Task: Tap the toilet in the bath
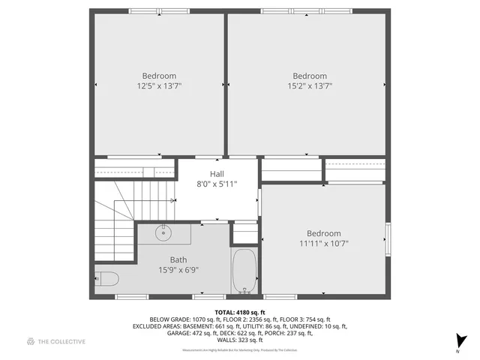[106, 280]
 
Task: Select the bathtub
[244, 271]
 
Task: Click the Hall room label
[217, 174]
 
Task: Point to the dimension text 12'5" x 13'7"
[159, 86]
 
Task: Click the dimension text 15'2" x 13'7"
[310, 86]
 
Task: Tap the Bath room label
[178, 259]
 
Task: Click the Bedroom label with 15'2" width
[310, 76]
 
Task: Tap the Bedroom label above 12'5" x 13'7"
[159, 76]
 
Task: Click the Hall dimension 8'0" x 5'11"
[217, 184]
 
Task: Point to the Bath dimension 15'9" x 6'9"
[178, 270]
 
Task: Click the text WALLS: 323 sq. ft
[239, 340]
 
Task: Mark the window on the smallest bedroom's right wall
[387, 238]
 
